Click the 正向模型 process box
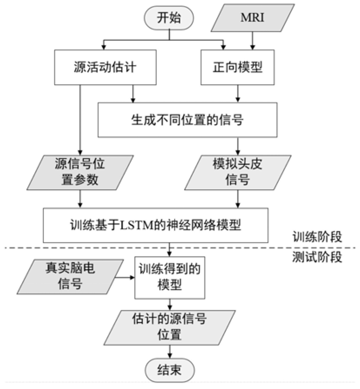(x=237, y=67)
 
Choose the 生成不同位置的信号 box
(x=187, y=119)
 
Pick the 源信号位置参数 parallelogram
(x=80, y=172)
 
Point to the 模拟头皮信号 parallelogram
(x=237, y=172)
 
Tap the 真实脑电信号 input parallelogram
(x=70, y=277)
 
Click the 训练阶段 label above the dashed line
(x=317, y=237)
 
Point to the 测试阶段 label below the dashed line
(x=317, y=257)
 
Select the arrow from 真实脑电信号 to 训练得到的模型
(x=126, y=277)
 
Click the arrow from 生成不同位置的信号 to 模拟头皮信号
(x=237, y=145)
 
